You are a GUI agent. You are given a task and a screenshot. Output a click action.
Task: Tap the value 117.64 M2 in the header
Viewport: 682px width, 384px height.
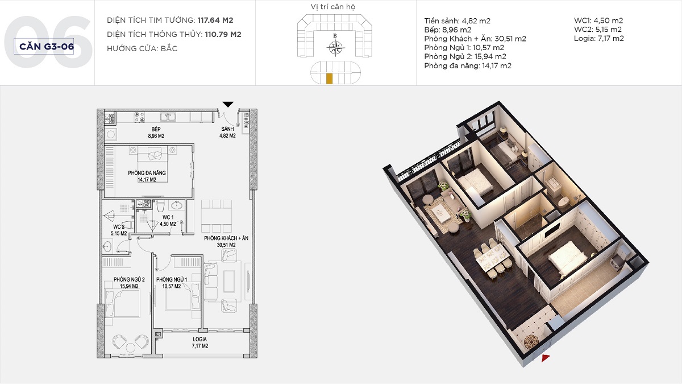click(215, 20)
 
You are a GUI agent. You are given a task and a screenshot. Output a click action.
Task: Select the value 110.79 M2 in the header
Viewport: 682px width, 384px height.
click(223, 35)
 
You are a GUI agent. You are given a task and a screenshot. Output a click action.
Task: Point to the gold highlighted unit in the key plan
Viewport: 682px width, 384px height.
click(329, 79)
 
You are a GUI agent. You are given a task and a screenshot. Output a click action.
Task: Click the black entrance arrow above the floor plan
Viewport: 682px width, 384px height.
click(228, 104)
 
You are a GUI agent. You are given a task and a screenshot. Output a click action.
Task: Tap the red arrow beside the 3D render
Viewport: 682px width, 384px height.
click(546, 358)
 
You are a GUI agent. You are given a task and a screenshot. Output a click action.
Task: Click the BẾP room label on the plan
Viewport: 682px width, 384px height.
click(156, 129)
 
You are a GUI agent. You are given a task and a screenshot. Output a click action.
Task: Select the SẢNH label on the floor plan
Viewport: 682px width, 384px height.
click(227, 129)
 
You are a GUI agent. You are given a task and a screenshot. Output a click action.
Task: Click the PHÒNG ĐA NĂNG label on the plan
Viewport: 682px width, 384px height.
click(147, 173)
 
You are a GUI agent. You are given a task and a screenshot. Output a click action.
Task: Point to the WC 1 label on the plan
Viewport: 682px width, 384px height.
click(168, 217)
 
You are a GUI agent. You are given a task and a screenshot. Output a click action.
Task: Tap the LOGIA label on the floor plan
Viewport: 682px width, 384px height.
click(199, 339)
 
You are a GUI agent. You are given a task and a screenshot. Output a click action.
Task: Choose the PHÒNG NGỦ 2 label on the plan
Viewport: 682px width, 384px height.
click(129, 279)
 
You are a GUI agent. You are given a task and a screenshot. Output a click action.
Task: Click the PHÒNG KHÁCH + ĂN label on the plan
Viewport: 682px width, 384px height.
click(226, 238)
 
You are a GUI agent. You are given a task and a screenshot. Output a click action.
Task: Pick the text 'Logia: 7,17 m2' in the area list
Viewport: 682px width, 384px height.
click(598, 39)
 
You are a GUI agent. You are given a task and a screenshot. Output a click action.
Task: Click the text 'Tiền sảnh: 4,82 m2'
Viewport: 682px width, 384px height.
click(457, 20)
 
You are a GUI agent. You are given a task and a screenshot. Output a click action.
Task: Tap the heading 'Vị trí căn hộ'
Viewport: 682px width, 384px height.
click(333, 7)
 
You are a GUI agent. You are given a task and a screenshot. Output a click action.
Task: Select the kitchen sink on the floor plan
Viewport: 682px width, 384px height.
click(168, 117)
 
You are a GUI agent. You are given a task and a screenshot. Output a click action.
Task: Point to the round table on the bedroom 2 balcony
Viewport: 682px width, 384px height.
click(130, 348)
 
